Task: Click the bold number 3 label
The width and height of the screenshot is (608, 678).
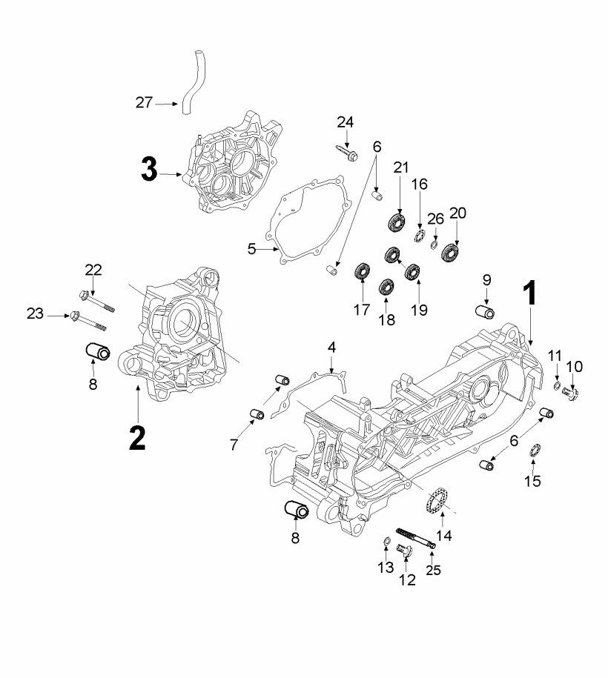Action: pos(149,170)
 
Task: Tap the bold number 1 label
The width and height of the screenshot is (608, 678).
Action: pos(531,293)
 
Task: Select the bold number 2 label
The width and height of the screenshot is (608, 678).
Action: pos(138,438)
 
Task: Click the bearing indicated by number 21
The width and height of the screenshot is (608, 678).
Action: pos(396,222)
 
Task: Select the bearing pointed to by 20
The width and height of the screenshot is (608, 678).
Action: pos(450,253)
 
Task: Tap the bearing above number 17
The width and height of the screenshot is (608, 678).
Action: pos(362,271)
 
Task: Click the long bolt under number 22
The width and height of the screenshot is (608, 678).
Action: pos(97,302)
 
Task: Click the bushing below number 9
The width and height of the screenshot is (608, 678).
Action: pos(485,312)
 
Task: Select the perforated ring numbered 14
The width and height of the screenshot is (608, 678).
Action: pos(437,500)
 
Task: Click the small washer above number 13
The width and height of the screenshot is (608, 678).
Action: pos(387,540)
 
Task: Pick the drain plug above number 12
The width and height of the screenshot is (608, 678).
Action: pos(405,551)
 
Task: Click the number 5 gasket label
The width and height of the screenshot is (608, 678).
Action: pos(252,249)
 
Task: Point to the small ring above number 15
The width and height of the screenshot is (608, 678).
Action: pos(535,450)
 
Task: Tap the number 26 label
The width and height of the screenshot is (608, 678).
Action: pos(436,219)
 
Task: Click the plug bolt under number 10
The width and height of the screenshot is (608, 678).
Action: pos(571,393)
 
